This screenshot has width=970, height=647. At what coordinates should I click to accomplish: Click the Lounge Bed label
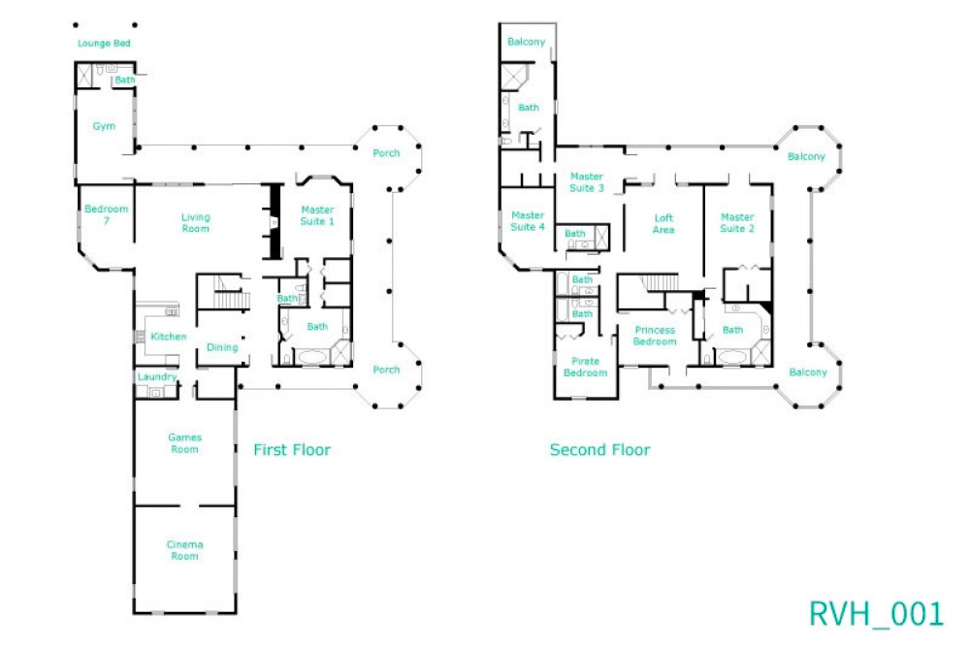pos(104,44)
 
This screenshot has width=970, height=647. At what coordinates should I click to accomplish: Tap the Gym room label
pos(104,126)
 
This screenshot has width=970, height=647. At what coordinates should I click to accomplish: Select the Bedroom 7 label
pos(105,215)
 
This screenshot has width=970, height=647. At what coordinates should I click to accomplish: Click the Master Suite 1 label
pos(317,215)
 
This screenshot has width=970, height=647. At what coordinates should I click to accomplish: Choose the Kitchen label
pos(168,337)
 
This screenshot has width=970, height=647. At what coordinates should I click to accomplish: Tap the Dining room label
pos(222,347)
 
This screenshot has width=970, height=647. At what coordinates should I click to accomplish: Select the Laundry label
pos(157,376)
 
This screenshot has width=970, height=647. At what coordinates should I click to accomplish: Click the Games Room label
pos(184,443)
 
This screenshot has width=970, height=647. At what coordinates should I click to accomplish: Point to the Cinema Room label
pos(184,550)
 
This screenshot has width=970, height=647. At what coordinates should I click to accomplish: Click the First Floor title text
pos(292,450)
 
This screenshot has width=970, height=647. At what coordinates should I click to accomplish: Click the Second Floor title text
pos(599,450)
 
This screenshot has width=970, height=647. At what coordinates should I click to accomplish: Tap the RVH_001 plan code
pos(876,613)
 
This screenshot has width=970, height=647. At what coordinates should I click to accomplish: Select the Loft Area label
pos(663,224)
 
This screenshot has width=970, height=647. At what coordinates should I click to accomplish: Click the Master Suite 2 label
pos(737,223)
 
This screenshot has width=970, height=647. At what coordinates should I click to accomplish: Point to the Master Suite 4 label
pos(528,221)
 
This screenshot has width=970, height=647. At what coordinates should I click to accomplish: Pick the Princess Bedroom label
pos(655,336)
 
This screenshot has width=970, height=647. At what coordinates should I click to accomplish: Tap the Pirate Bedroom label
pos(586,367)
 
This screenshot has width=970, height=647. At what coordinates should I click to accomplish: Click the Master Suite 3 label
pos(587,181)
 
